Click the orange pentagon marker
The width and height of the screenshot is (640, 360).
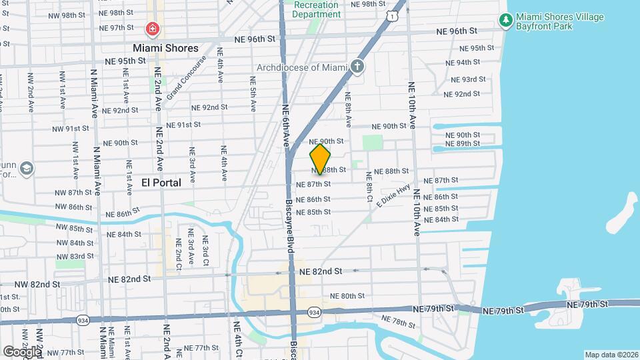321,159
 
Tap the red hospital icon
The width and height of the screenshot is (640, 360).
153,29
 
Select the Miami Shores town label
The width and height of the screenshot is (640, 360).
165,48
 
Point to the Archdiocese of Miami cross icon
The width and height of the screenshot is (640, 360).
358,66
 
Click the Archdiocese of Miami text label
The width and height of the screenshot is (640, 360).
303,67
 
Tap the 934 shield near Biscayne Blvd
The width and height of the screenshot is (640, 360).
313,311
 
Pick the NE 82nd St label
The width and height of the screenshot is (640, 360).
321,271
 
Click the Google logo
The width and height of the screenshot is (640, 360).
21,351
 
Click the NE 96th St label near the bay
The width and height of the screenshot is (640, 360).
457,31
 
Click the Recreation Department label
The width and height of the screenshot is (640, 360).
316,9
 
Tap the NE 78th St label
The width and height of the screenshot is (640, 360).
403,323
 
